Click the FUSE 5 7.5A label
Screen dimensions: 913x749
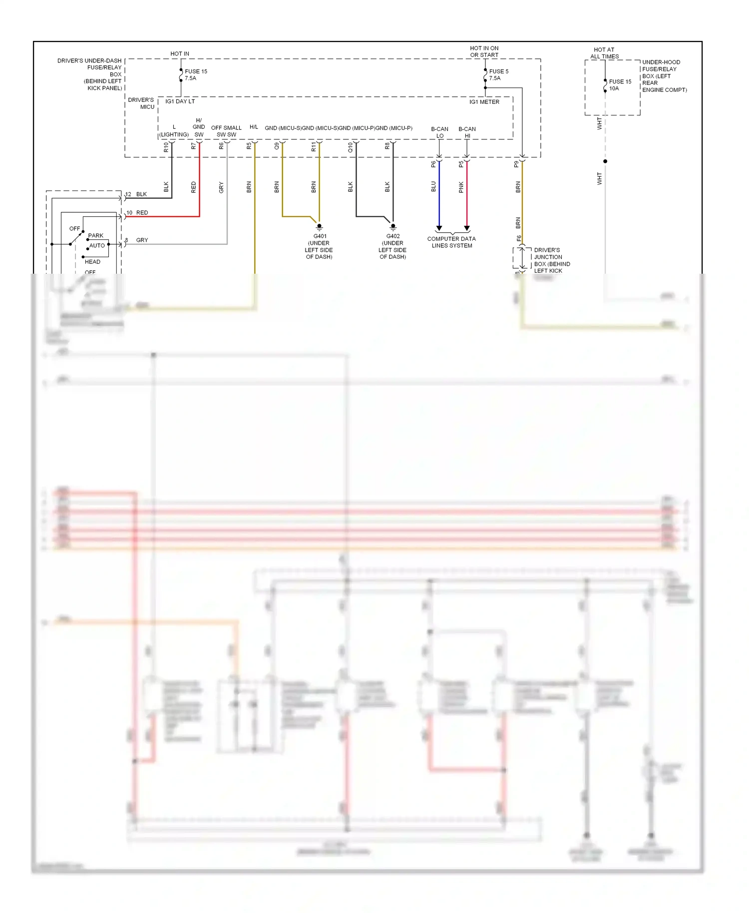click(x=498, y=75)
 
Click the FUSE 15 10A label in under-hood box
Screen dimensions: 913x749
click(x=620, y=85)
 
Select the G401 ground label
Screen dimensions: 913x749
click(x=319, y=246)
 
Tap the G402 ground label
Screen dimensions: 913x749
click(x=392, y=246)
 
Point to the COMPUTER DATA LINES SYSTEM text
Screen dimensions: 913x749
click(x=451, y=242)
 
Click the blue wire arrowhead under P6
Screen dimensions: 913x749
click(x=439, y=228)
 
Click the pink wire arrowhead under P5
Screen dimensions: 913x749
click(x=467, y=228)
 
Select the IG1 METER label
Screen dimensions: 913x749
click(x=484, y=102)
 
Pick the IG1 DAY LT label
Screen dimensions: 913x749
click(x=180, y=101)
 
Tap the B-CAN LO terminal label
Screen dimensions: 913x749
click(x=439, y=132)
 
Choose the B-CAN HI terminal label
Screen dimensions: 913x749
click(x=467, y=132)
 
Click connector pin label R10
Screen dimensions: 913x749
click(x=166, y=147)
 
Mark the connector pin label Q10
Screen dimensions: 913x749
click(x=350, y=147)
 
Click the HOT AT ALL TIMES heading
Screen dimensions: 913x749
click(x=604, y=53)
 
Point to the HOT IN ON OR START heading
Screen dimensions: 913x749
click(x=484, y=51)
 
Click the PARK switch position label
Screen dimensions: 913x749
click(x=95, y=236)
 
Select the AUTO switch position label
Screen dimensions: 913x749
click(x=97, y=246)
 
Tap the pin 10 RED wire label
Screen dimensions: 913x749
click(x=137, y=213)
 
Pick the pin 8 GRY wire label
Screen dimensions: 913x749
click(x=137, y=240)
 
